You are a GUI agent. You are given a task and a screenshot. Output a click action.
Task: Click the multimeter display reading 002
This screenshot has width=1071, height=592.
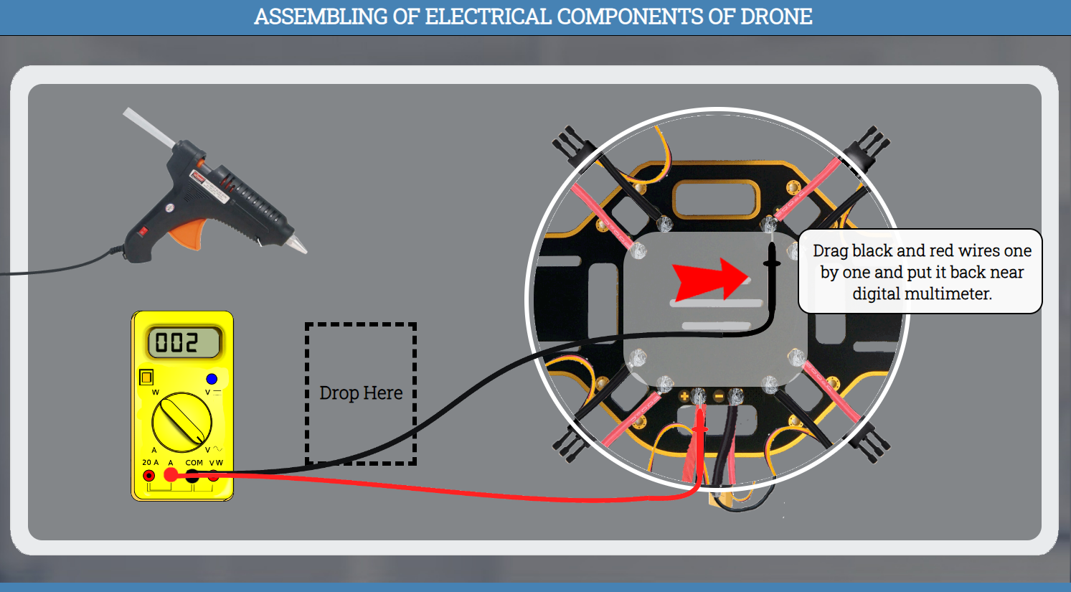(183, 342)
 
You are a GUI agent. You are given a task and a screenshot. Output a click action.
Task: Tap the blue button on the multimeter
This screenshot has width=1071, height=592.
(212, 379)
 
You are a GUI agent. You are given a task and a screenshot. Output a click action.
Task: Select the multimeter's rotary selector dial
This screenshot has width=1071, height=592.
(181, 422)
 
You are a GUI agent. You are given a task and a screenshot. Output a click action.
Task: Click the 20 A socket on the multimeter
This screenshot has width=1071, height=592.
(149, 475)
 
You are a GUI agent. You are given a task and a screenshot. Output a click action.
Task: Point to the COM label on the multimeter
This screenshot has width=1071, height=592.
(194, 463)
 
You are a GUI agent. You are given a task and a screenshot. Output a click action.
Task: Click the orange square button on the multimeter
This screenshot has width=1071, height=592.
(146, 377)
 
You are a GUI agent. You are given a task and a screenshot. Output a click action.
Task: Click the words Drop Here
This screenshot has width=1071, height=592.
(361, 393)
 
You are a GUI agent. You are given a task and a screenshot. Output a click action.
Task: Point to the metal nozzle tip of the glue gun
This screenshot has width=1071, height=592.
(298, 245)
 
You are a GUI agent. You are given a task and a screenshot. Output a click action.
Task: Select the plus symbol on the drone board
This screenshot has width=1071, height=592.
(684, 396)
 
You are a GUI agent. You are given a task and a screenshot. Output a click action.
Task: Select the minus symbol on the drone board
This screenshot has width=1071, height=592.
(719, 396)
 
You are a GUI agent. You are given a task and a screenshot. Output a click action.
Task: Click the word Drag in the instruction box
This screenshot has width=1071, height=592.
(830, 251)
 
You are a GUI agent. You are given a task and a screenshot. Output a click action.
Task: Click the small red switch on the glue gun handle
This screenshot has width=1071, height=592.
(143, 231)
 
